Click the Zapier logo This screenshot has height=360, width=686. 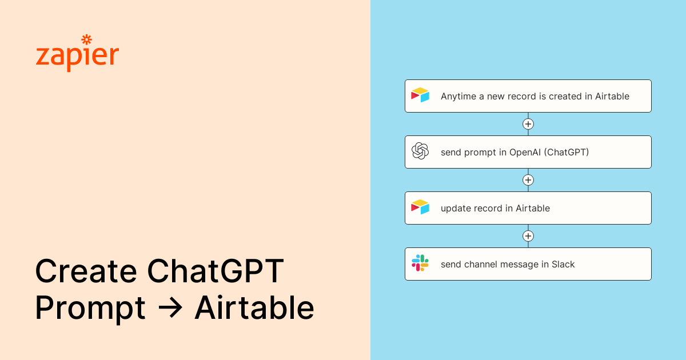coord(77,54)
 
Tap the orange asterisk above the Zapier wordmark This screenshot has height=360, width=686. coord(87,39)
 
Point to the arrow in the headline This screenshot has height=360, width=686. coord(170,309)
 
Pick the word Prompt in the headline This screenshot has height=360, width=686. coord(90,309)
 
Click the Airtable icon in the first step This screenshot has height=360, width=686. coord(420,95)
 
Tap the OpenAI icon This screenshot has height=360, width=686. coord(420,151)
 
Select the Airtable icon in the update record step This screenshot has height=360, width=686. coord(420,207)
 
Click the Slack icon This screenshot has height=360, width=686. coord(420,263)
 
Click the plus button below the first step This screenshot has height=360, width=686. coord(528,124)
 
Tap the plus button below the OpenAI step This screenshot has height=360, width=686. coord(528,180)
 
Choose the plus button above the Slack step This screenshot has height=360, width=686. coord(528,236)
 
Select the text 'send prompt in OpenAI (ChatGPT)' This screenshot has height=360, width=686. coord(514,153)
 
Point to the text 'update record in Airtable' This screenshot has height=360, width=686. coord(495,209)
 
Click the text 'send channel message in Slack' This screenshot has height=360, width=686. coord(508,265)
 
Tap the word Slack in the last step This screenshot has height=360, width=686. coord(563,265)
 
